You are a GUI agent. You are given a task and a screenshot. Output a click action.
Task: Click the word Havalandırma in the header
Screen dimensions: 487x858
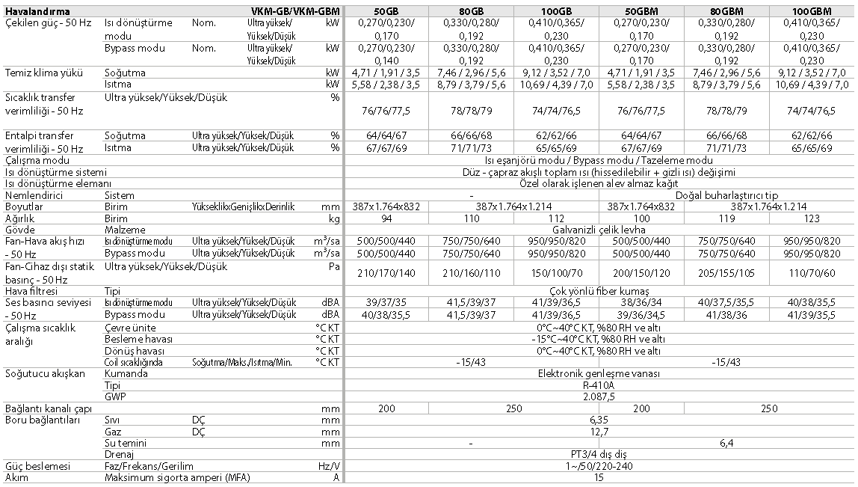pos(37,11)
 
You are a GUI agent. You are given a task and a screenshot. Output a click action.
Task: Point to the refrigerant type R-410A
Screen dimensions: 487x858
pos(599,385)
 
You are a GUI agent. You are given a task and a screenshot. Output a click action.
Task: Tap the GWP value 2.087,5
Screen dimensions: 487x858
pos(599,396)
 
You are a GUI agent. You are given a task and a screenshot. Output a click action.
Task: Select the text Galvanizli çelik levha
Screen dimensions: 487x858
pos(599,230)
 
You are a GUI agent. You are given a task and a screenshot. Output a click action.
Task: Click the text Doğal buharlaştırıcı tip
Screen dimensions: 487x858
pos(727,195)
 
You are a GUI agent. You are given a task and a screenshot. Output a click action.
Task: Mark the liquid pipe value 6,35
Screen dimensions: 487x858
pos(599,420)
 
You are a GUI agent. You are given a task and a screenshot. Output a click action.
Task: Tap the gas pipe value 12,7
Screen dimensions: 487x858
pos(599,432)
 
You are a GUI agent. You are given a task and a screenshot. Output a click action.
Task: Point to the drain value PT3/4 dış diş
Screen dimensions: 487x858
pos(599,454)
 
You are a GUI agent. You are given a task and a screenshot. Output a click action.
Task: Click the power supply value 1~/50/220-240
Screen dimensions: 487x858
pos(599,465)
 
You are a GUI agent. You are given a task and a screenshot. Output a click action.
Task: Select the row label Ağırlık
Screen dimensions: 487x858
pos(21,218)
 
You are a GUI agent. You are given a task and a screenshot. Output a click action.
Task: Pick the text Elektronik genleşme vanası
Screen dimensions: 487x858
pos(599,374)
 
